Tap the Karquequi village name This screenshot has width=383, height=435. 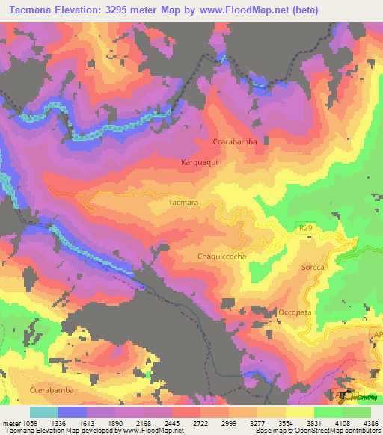[199, 161]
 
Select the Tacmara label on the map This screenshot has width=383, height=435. [183, 202]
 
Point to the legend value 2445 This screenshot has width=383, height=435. [171, 423]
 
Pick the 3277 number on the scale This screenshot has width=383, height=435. [257, 423]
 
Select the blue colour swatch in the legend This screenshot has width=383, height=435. [73, 412]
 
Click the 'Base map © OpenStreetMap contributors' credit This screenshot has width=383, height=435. [316, 431]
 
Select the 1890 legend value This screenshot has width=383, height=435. [114, 423]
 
